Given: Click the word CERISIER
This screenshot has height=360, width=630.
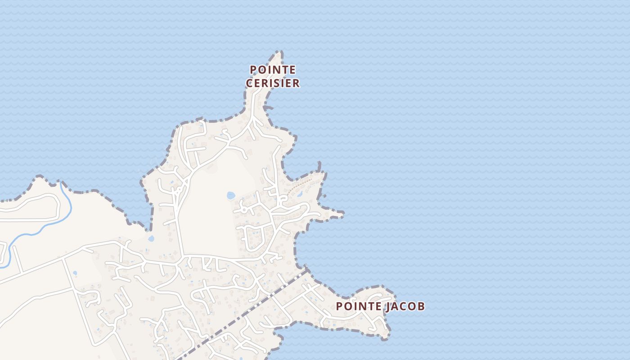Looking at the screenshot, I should click(x=273, y=83).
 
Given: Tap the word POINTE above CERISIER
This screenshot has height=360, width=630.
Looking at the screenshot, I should click(x=273, y=70).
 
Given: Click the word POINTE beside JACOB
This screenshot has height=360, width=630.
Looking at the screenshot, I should click(x=358, y=306).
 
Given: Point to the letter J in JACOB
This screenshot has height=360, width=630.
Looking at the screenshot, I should click(x=387, y=306).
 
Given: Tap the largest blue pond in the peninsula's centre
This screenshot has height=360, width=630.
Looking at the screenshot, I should click(x=231, y=195).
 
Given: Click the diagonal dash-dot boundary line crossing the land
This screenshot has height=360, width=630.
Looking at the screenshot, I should click(x=243, y=313).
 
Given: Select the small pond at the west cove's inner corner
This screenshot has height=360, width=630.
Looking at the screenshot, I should click(x=151, y=238).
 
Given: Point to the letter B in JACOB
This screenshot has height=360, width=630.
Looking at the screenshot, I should click(x=420, y=306).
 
